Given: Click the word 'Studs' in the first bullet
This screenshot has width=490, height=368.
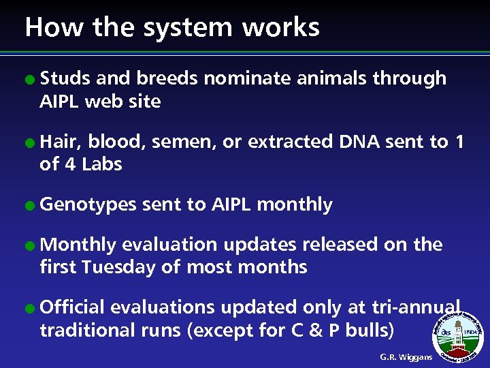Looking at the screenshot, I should tap(65, 79).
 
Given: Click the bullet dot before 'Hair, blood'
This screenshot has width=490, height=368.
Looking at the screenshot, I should tap(31, 142).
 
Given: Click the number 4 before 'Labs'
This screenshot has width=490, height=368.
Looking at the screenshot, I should tap(72, 164).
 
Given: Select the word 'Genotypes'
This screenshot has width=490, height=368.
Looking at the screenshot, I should tap(88, 205).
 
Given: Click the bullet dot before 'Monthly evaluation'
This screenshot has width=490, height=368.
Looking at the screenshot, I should tap(31, 245).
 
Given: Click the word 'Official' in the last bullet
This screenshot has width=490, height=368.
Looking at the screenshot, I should tap(72, 307).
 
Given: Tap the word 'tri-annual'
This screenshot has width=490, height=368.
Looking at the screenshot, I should tap(416, 307).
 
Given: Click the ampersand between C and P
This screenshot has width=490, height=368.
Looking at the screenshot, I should tap(318, 330).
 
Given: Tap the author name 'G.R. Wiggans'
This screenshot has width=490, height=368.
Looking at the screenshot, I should tap(406, 357).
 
